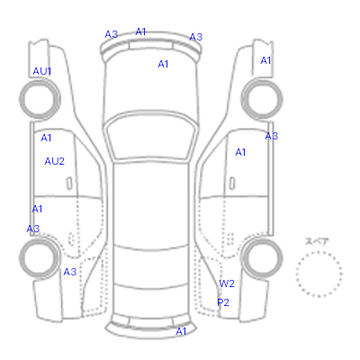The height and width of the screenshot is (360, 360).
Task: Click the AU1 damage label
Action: click(42, 71)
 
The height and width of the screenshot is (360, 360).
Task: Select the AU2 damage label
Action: click(55, 161)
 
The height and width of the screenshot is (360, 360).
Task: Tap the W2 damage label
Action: click(227, 283)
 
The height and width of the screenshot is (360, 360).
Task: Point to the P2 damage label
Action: click(223, 302)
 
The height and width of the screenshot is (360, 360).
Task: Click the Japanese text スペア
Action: click(317, 241)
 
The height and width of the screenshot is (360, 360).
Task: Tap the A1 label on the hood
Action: click(163, 64)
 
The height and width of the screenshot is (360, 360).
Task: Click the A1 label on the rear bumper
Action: click(181, 331)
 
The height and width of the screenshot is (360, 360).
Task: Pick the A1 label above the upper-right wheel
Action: click(265, 60)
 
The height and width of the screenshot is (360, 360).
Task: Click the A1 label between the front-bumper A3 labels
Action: click(140, 31)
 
